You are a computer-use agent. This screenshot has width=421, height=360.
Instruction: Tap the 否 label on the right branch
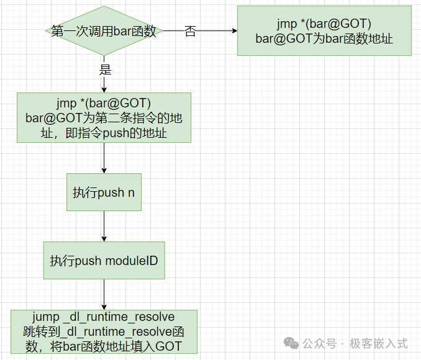[x=190, y=32]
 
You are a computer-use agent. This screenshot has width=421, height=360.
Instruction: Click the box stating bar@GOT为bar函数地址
[x=324, y=31]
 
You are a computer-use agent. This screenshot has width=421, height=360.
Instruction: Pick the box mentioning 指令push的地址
[x=104, y=118]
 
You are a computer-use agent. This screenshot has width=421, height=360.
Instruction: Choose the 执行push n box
[x=104, y=192]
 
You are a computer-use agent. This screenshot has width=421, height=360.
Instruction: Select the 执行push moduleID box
[x=104, y=261]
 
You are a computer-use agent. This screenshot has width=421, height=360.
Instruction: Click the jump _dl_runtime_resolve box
[x=104, y=332]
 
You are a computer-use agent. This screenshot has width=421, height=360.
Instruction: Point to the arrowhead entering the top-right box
[x=233, y=31]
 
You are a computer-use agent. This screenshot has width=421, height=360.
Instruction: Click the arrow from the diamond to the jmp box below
[x=104, y=84]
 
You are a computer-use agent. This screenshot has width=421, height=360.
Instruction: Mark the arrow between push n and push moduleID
[x=104, y=227]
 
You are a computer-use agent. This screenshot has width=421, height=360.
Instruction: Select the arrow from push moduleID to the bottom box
[x=104, y=295]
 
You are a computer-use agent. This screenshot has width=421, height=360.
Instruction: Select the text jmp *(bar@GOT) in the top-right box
[x=324, y=24]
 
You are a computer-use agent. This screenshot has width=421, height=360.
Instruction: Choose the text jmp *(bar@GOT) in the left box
[x=104, y=102]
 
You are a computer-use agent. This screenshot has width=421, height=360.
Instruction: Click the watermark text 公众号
[x=320, y=343]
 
